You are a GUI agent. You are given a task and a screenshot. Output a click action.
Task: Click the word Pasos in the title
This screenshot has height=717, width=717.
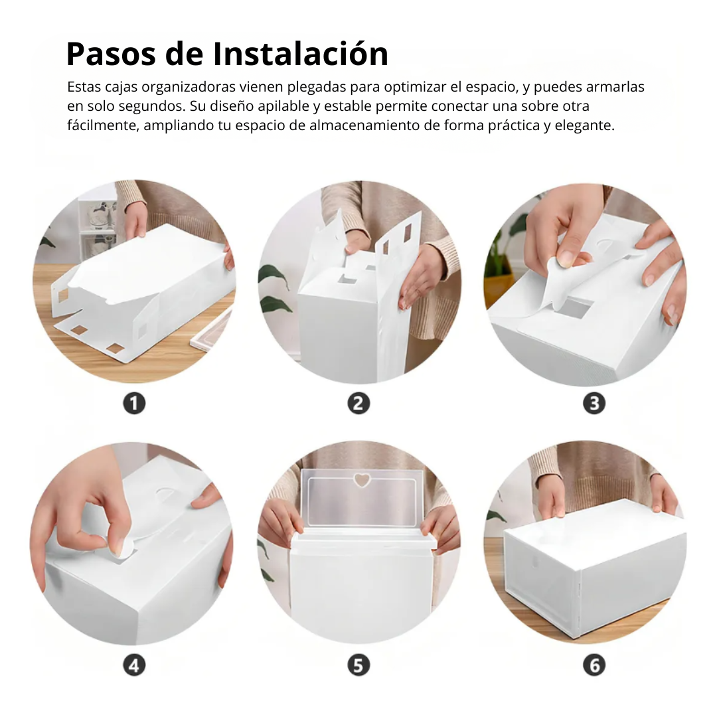(112, 54)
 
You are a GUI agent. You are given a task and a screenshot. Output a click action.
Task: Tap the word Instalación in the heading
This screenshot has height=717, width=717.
(301, 53)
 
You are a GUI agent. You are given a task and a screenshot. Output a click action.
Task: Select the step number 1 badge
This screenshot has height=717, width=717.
(134, 404)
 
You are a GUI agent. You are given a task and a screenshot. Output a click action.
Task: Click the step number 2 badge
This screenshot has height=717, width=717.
(358, 404)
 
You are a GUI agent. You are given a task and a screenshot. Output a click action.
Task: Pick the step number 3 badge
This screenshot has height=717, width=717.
(594, 404)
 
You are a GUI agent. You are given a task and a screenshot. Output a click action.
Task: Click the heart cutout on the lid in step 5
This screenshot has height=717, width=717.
(362, 480)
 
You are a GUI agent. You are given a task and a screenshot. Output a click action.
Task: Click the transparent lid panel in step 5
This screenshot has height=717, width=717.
(361, 501)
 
